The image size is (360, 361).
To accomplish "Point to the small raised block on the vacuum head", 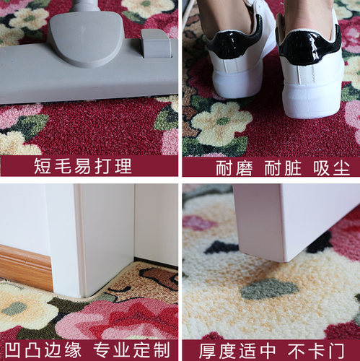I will tap(156, 43).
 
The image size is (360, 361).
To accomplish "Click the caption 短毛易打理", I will tap(83, 167).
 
